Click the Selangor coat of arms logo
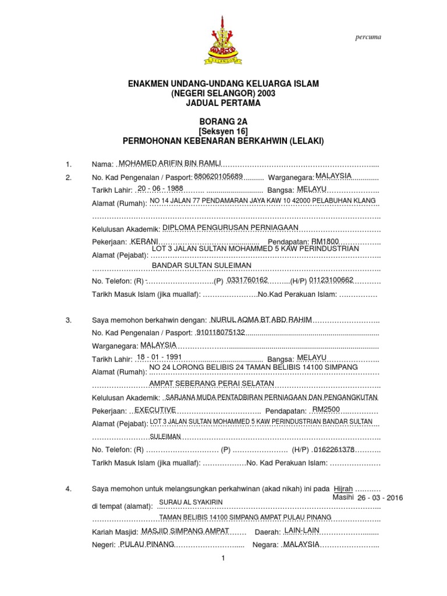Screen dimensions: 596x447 point(223,39)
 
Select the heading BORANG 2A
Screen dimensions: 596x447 point(223,121)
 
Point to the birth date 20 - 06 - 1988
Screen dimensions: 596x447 point(160,189)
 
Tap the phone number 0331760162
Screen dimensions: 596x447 point(247,280)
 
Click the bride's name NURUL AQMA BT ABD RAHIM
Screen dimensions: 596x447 point(262,320)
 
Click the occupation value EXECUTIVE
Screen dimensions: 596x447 point(155,410)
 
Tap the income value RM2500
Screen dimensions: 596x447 point(326,410)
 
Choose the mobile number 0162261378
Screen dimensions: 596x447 point(334,449)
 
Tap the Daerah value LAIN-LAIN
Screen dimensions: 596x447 point(301,530)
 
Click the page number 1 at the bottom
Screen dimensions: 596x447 point(223,559)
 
